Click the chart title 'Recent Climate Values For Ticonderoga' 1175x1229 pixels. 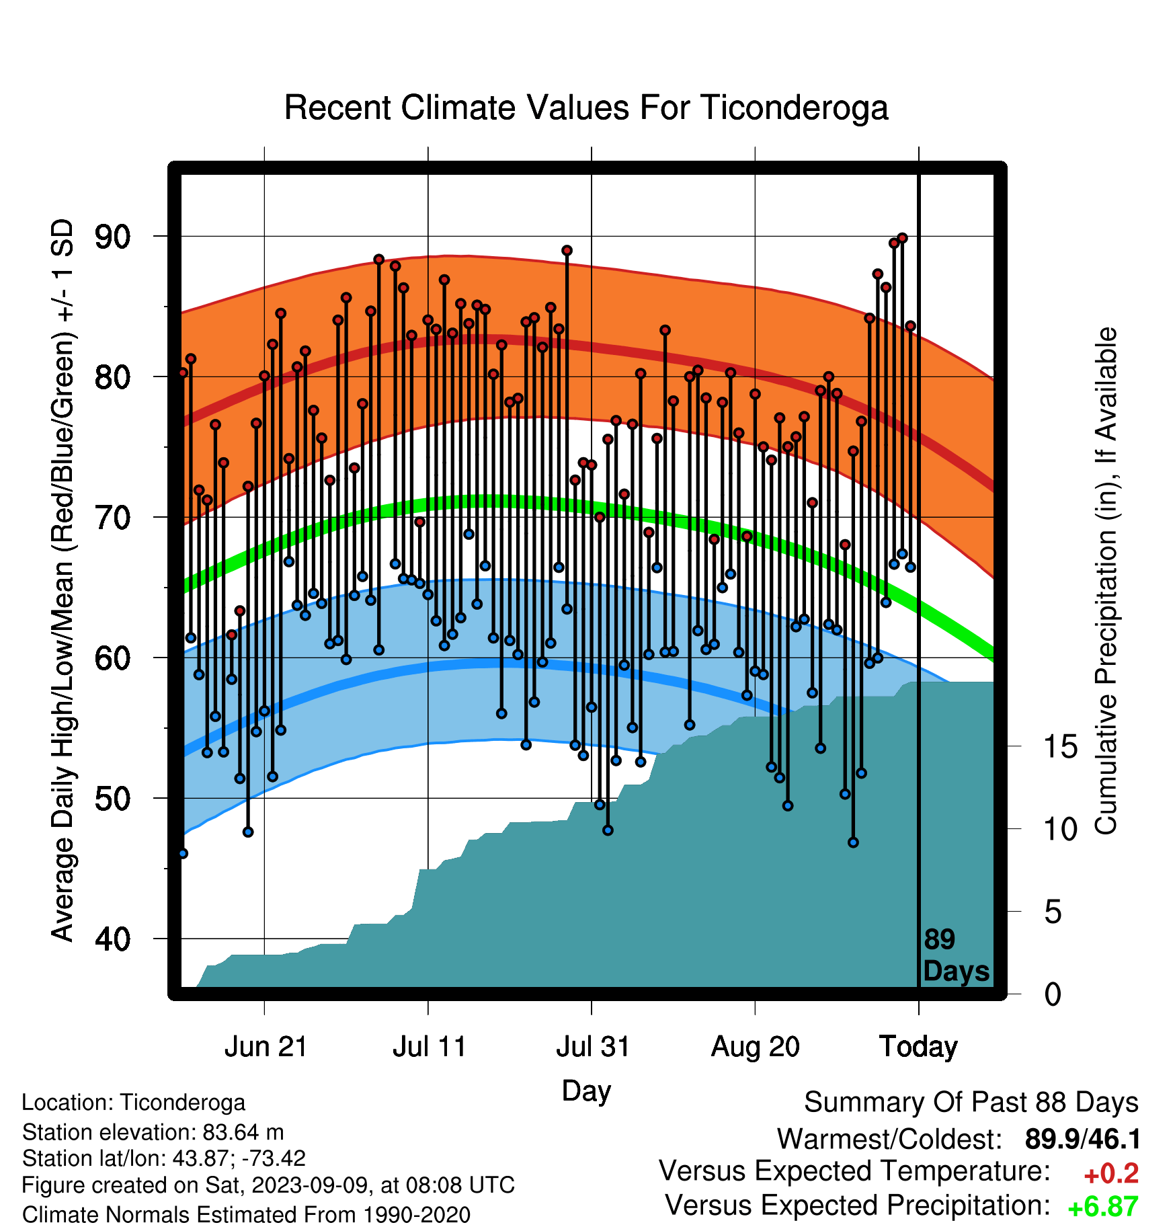point(586,108)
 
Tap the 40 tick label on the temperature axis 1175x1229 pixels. point(113,939)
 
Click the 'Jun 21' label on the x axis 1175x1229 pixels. point(266,1047)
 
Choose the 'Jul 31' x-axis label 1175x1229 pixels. point(593,1047)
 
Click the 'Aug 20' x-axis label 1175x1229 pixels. point(756,1047)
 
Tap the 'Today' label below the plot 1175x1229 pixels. point(919,1047)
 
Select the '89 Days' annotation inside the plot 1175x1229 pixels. point(956,955)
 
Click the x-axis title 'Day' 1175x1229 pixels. point(586,1091)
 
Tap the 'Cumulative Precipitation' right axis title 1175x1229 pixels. point(1106,581)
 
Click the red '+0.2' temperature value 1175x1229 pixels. point(1111,1174)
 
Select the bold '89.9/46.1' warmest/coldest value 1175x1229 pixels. point(1082,1140)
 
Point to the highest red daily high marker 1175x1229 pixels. point(902,238)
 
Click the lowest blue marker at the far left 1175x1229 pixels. point(183,853)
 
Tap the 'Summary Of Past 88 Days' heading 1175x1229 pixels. point(971,1103)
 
